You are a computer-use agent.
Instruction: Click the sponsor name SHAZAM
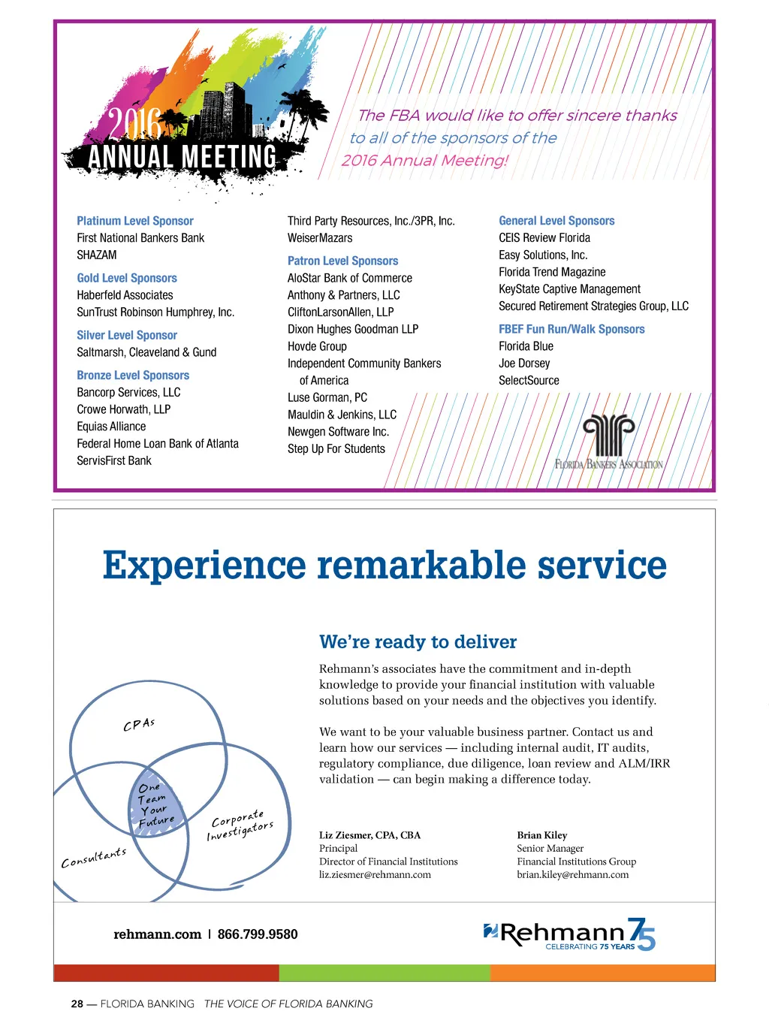click(x=97, y=255)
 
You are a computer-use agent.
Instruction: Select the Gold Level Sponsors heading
click(x=127, y=278)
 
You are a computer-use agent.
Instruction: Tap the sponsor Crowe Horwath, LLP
click(x=124, y=409)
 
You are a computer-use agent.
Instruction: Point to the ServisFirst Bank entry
click(x=114, y=460)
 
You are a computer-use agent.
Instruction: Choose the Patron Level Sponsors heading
click(x=343, y=261)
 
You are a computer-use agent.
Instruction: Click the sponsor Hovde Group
click(x=317, y=346)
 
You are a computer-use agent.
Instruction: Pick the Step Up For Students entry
click(x=336, y=448)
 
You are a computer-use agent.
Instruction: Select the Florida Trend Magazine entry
click(x=552, y=272)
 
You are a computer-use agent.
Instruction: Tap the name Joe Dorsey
click(x=524, y=364)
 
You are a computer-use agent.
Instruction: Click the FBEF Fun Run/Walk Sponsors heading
click(x=571, y=329)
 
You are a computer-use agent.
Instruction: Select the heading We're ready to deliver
click(x=418, y=641)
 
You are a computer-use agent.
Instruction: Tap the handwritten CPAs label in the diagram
click(x=139, y=725)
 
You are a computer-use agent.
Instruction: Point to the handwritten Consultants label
click(x=94, y=858)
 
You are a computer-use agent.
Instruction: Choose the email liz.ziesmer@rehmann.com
click(x=375, y=874)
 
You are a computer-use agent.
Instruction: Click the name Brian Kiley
click(x=541, y=835)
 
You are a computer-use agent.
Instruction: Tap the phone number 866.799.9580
click(x=258, y=934)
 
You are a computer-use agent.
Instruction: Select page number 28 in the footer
click(x=77, y=1003)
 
